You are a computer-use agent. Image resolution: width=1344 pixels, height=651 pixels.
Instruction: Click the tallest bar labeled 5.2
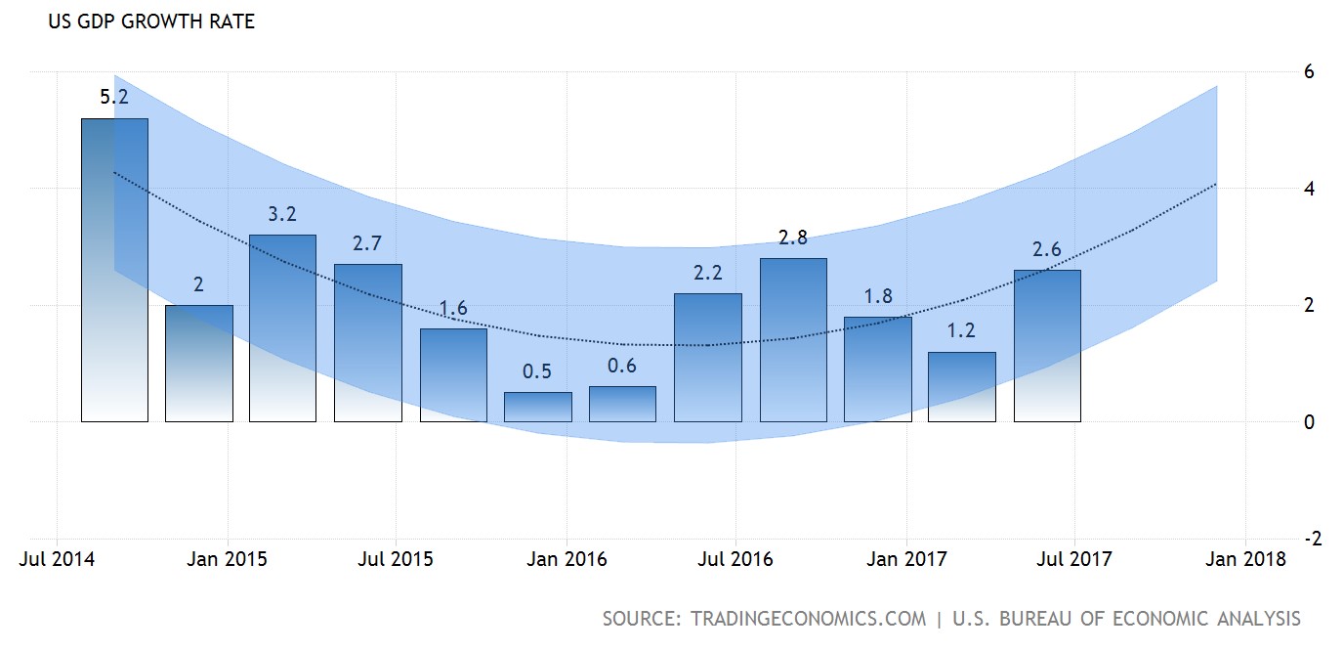click(x=114, y=270)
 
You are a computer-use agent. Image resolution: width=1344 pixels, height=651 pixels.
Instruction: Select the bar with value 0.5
click(x=537, y=407)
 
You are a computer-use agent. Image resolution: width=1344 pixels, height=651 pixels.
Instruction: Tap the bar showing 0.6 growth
click(x=622, y=404)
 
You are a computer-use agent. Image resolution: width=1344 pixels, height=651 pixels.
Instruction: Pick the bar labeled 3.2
click(x=282, y=328)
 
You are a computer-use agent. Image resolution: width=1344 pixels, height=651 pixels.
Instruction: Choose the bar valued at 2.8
click(x=792, y=340)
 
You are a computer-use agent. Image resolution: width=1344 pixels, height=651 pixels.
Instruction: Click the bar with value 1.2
click(x=961, y=387)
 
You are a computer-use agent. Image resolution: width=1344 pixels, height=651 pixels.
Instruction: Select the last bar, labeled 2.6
click(x=1047, y=346)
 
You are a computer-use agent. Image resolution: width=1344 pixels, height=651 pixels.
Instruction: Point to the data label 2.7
click(x=366, y=244)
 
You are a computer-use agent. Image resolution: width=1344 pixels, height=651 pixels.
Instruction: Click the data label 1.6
click(x=452, y=309)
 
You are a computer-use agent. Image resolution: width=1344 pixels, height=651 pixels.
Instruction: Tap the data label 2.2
click(x=707, y=274)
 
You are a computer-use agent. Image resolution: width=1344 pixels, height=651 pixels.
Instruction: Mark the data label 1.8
click(x=878, y=296)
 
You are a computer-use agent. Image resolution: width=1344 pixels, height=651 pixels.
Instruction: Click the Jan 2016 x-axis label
click(x=567, y=559)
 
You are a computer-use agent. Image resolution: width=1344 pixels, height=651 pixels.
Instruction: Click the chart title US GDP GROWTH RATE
click(x=151, y=22)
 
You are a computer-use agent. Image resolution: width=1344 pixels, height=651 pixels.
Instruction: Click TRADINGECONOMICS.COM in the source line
click(x=808, y=619)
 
